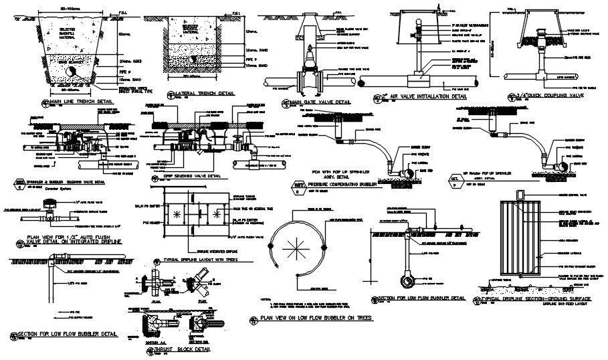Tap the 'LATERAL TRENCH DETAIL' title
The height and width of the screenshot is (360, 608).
click(208, 94)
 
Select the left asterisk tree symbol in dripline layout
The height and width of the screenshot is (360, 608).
click(175, 213)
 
